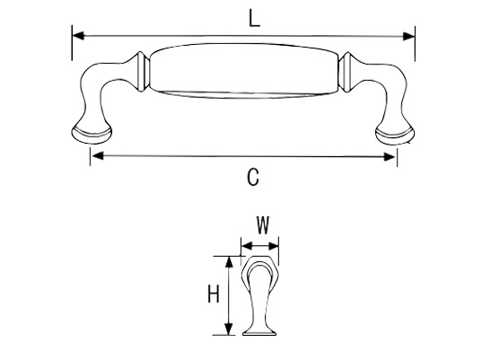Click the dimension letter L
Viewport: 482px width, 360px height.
pyautogui.click(x=254, y=19)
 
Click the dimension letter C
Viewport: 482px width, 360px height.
pyautogui.click(x=253, y=177)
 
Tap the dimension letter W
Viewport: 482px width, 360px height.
pyautogui.click(x=263, y=225)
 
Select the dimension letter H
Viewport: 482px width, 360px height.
pyautogui.click(x=214, y=294)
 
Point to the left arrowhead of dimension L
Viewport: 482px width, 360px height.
pyautogui.click(x=78, y=35)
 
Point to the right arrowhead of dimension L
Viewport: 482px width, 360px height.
pyautogui.click(x=408, y=36)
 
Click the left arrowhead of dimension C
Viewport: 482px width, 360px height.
pyautogui.click(x=98, y=156)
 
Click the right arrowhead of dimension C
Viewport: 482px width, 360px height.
pyautogui.click(x=390, y=157)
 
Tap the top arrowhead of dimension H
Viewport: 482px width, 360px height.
pyautogui.click(x=229, y=262)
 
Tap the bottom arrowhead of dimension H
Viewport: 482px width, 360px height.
pyautogui.click(x=228, y=329)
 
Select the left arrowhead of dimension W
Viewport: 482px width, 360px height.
pyautogui.click(x=247, y=246)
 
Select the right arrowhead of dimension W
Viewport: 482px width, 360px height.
pyautogui.click(x=273, y=246)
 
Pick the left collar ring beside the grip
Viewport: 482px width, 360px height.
pyautogui.click(x=143, y=72)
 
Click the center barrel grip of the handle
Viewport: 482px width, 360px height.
pyautogui.click(x=244, y=71)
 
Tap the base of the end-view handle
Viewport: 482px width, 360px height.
pyautogui.click(x=259, y=332)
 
